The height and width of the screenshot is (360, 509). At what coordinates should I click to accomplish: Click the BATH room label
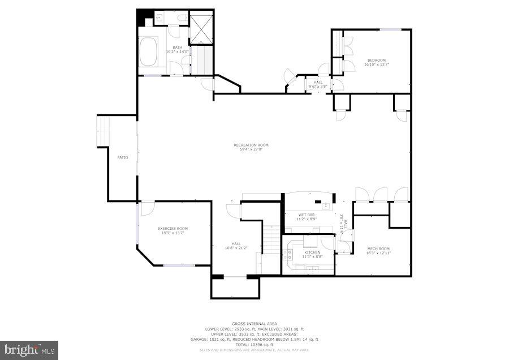[178, 48]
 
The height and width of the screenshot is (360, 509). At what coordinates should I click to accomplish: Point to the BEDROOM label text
[377, 61]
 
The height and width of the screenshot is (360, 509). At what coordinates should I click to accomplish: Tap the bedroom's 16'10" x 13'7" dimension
[377, 65]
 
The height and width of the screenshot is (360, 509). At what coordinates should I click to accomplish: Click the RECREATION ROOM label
[251, 145]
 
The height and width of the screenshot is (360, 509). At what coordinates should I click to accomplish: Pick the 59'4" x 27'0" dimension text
[251, 149]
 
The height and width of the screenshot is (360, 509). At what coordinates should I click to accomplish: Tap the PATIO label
[122, 157]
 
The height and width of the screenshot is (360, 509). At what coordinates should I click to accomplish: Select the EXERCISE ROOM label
[172, 229]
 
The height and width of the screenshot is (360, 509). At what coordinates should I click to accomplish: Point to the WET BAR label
[308, 215]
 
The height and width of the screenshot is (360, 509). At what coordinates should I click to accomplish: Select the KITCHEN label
[312, 252]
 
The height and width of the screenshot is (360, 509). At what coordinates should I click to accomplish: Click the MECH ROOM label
[378, 248]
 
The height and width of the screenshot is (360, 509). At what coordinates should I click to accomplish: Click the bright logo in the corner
[29, 350]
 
